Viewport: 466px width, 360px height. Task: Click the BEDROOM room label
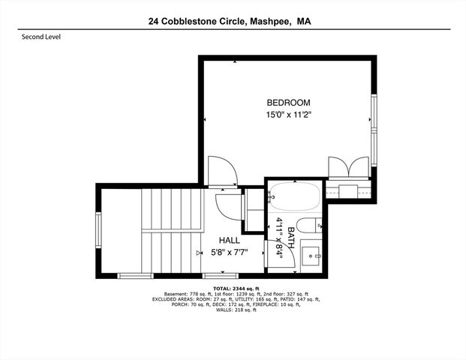[x=288, y=103]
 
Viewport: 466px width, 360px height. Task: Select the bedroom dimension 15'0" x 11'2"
[x=288, y=115]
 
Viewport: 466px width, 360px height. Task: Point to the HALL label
[x=230, y=240]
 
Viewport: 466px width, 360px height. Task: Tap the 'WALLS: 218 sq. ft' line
[x=232, y=310]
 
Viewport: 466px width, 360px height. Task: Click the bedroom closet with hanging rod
[x=350, y=190]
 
